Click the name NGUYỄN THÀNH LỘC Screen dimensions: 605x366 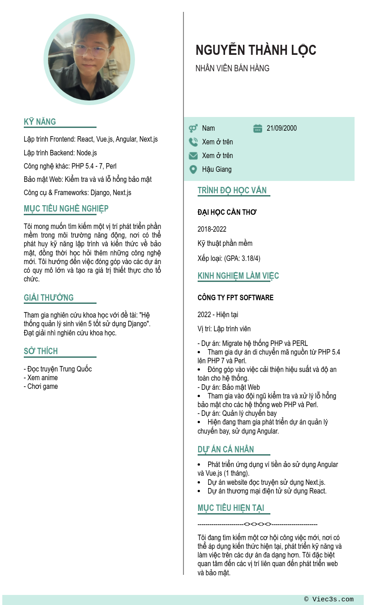click(256, 50)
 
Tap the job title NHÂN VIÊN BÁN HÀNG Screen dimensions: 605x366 click(232, 69)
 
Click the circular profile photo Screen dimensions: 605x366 click(89, 59)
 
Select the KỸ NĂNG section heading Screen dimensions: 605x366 click(40, 122)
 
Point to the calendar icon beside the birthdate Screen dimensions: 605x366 click(258, 128)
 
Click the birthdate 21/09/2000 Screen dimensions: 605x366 click(281, 128)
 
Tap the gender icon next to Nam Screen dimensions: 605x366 click(193, 128)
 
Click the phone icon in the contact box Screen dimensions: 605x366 click(193, 142)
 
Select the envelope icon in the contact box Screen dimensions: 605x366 click(193, 156)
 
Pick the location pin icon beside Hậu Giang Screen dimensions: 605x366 click(193, 170)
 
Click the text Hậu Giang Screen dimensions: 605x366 click(217, 170)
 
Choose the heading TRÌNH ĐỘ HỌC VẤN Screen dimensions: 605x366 click(232, 191)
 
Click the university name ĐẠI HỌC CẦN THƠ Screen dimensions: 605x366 click(227, 212)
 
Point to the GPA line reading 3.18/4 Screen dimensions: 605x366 click(229, 259)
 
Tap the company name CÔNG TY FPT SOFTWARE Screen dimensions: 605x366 click(235, 298)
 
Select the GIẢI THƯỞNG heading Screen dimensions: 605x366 click(48, 298)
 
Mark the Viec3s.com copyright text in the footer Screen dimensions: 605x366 click(328, 600)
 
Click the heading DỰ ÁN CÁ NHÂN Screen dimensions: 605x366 click(226, 450)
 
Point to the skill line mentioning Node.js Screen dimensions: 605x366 click(60, 153)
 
